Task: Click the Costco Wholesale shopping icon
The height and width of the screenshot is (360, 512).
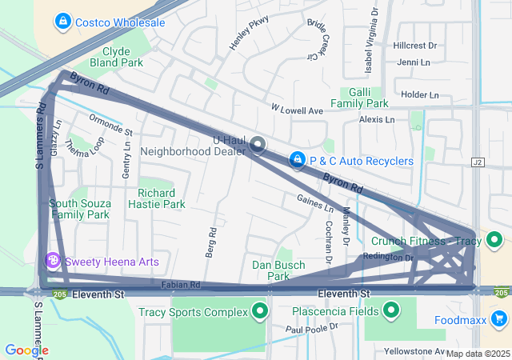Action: (x=62, y=22)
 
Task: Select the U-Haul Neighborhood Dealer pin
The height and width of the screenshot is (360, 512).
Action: (x=258, y=145)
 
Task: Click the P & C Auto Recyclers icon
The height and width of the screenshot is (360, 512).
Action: (x=298, y=161)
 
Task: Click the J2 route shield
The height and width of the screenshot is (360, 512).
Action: (x=478, y=162)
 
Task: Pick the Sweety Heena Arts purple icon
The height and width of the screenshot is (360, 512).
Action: (x=54, y=261)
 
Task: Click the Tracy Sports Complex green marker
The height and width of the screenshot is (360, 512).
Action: (x=259, y=311)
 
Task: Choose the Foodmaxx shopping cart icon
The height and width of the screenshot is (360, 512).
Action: (x=499, y=320)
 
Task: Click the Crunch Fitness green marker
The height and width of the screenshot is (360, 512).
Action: (x=495, y=240)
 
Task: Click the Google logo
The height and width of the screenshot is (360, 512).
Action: (x=26, y=350)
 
